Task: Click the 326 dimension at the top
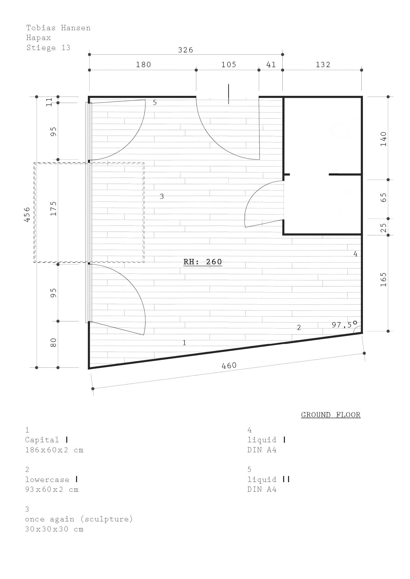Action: (x=185, y=50)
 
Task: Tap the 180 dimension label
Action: (x=143, y=64)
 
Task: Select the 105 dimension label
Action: (x=229, y=64)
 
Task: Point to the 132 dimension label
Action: (x=323, y=64)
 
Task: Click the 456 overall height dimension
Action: (x=27, y=214)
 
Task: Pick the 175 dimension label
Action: (x=53, y=209)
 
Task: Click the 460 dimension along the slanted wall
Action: (x=229, y=365)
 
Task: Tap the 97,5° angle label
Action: (x=344, y=325)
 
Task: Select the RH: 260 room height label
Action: (x=203, y=262)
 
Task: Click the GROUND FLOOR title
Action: (x=331, y=415)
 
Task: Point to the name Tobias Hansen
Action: (x=58, y=28)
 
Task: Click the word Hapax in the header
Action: (x=39, y=38)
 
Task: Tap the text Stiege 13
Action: (x=48, y=48)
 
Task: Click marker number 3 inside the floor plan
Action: (x=162, y=196)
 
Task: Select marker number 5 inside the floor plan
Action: (x=155, y=103)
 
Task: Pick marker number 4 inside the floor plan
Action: (x=356, y=254)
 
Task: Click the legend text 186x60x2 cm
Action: (x=54, y=450)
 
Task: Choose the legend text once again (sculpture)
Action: (x=79, y=519)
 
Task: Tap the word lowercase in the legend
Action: (x=47, y=480)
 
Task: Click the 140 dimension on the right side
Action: (x=383, y=139)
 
